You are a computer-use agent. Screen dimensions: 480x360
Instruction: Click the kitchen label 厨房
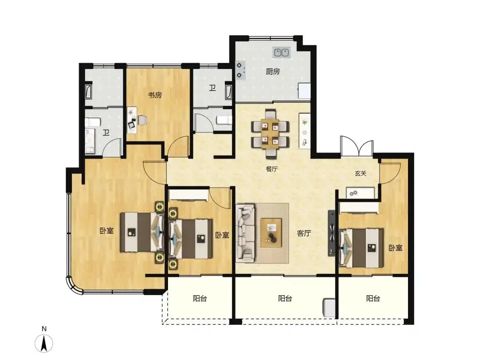coord(273,72)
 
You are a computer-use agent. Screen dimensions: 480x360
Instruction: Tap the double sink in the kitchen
coord(282,52)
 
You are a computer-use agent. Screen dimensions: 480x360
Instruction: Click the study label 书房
coord(155,95)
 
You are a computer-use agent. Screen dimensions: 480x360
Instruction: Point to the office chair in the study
coord(142,120)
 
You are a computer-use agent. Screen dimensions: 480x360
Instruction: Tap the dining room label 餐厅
coord(272,169)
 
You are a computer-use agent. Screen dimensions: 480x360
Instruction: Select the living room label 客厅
coord(304,233)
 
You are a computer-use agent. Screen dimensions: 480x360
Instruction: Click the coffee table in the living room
coord(271,232)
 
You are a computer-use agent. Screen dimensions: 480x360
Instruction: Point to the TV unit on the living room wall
coord(332,233)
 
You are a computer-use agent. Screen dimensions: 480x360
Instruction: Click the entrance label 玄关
coord(360,173)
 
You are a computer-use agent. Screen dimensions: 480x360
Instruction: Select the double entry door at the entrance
coord(357,147)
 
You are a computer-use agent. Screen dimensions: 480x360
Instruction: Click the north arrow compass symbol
coord(44,344)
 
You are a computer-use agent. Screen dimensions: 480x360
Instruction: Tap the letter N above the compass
coord(44,329)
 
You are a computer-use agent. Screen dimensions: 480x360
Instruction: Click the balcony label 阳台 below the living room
coord(285,298)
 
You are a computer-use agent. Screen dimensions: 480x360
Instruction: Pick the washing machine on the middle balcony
coord(329,308)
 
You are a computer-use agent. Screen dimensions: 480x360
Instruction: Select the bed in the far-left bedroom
coord(142,232)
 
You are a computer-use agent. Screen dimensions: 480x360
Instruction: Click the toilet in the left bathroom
coord(92,123)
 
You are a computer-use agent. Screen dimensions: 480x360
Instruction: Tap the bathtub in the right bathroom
coord(229,91)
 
